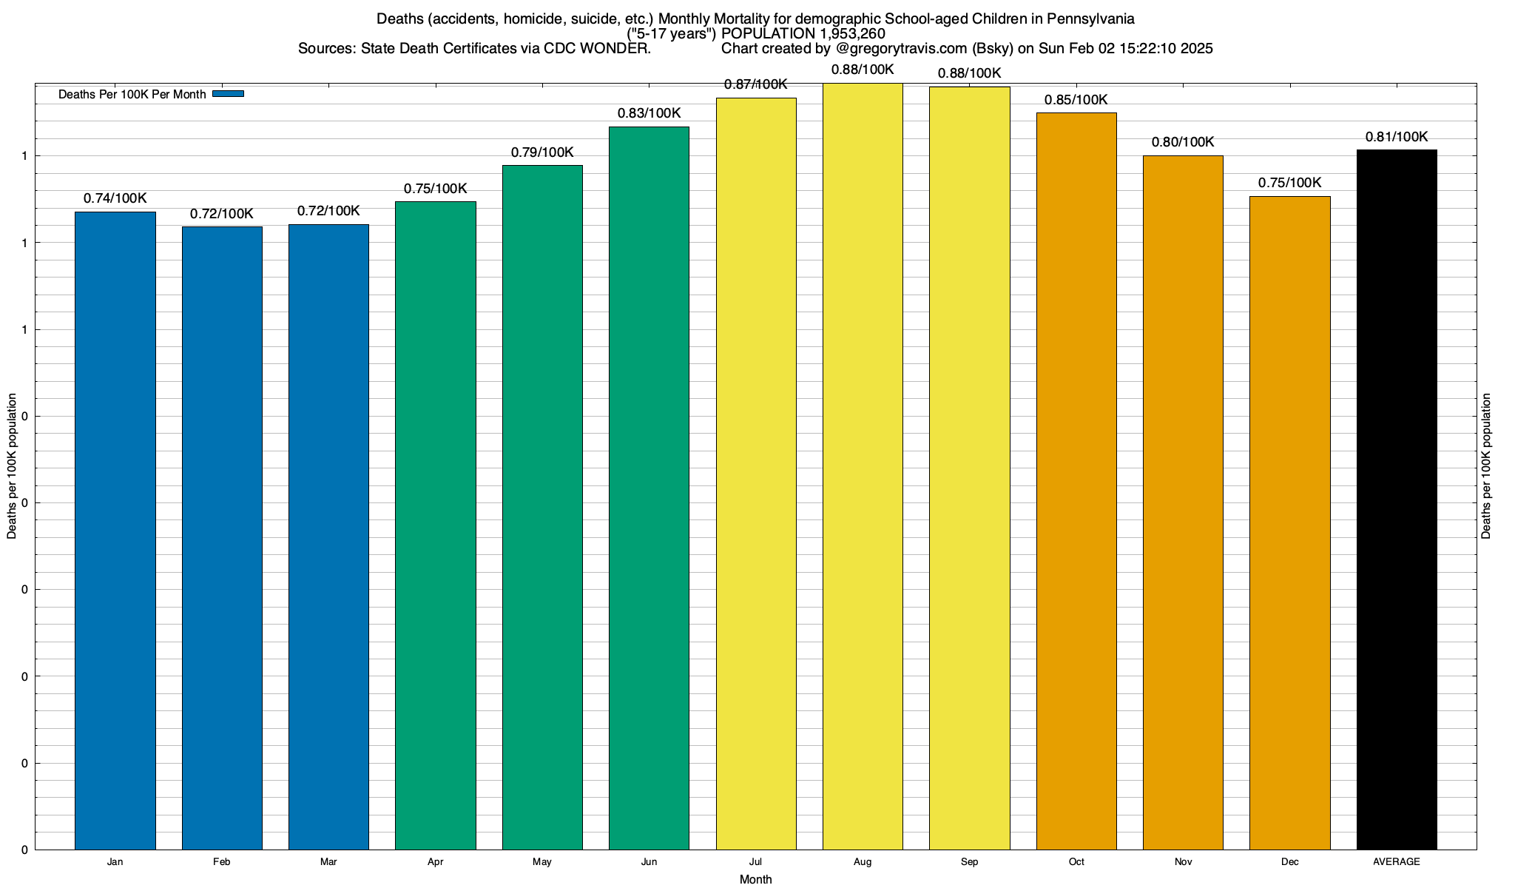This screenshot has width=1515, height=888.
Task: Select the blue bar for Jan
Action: coord(115,531)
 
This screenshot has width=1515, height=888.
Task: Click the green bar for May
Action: coord(542,507)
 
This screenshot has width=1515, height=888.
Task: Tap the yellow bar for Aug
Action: coord(863,466)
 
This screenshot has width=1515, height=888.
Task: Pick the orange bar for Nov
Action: coord(1183,502)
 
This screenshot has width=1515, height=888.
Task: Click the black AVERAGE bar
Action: coord(1397,499)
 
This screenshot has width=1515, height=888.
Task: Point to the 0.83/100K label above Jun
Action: coord(649,113)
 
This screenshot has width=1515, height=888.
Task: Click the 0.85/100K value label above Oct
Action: coord(1076,100)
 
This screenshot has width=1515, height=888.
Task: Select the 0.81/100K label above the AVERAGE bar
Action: coord(1396,137)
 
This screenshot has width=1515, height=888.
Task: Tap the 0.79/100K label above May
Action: coord(542,152)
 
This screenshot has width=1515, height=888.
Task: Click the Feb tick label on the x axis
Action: coord(221,862)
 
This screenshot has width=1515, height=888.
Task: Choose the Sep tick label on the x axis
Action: coord(969,862)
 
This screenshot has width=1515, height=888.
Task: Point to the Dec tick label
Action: coord(1289,862)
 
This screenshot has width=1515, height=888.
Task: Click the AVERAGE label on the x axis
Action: coord(1396,862)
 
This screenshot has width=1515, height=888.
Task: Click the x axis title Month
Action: coord(755,880)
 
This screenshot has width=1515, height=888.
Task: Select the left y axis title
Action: coord(12,466)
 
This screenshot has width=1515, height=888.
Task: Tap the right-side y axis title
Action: coord(1486,466)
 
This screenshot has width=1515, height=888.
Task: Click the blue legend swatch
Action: coord(228,94)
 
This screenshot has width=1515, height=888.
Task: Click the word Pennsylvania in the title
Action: coord(1090,18)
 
